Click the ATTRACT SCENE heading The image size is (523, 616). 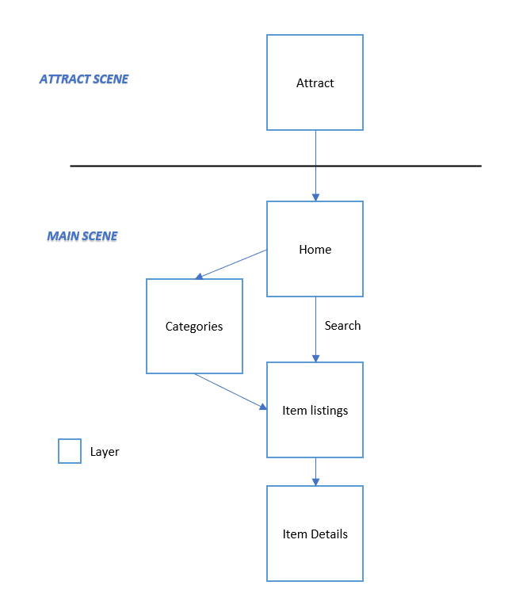coord(84,79)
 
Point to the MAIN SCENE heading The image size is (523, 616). coord(82,236)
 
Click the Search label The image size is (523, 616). coord(342,326)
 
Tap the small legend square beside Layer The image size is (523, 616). coord(70,451)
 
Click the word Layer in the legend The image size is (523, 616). coord(105,452)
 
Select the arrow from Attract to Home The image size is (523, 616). coord(315,151)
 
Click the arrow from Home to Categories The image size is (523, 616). coord(231,264)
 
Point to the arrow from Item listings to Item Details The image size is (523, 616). coord(315,471)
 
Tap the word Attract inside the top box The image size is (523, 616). coord(315,83)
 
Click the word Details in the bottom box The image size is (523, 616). coord(329,534)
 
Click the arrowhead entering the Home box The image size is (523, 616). coord(315,197)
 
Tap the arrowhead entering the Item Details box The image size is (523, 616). coord(315,481)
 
